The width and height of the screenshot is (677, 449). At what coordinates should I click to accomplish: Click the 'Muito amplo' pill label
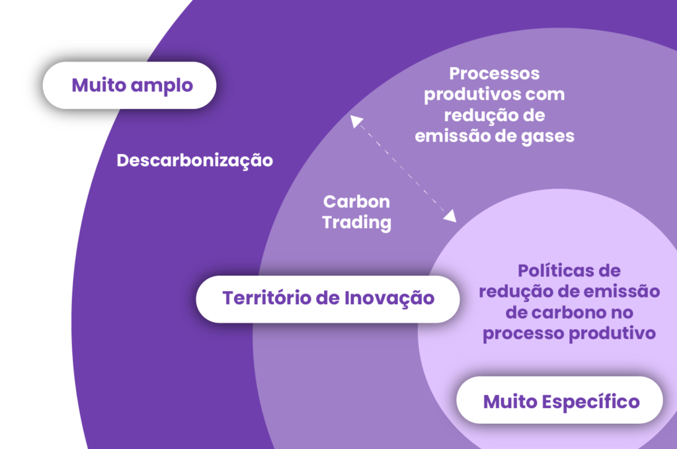(130, 85)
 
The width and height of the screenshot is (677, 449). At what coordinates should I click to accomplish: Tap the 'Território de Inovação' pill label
(328, 299)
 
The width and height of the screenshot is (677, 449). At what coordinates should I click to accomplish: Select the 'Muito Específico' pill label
(559, 400)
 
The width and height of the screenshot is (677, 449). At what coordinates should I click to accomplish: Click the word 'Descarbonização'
(195, 161)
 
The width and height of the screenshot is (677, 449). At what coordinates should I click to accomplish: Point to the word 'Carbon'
(356, 202)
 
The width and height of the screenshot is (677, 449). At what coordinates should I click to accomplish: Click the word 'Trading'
(356, 223)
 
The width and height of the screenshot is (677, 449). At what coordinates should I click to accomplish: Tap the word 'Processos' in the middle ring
(495, 73)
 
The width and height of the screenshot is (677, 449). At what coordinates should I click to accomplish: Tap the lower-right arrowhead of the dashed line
(451, 216)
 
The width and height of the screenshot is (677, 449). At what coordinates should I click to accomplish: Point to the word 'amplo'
(162, 86)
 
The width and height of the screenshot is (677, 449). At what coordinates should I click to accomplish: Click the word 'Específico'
(590, 402)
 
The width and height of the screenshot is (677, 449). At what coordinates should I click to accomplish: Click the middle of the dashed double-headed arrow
(403, 169)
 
